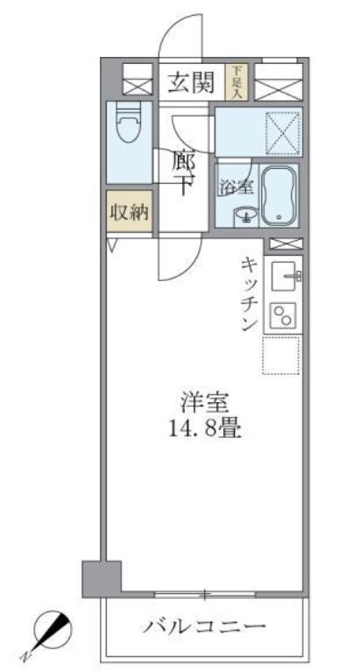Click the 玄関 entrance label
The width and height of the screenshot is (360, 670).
(x=191, y=84)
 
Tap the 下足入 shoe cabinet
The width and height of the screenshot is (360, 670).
(x=236, y=82)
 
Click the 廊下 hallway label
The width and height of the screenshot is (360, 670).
(x=183, y=173)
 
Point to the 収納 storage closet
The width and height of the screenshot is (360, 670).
(x=129, y=212)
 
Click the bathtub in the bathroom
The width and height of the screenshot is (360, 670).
(x=279, y=194)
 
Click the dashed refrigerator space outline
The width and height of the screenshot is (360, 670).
(x=281, y=355)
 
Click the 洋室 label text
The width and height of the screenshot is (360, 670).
(x=205, y=404)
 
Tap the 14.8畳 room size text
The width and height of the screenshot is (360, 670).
(x=206, y=430)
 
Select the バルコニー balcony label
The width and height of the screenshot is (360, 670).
(x=205, y=627)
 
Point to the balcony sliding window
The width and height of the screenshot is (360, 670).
(x=205, y=596)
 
